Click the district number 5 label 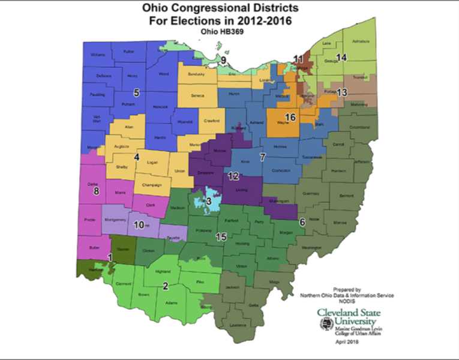136,92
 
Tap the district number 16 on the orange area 290,118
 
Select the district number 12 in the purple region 233,176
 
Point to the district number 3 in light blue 208,201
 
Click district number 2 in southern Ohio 165,285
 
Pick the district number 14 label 341,58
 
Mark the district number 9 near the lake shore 223,60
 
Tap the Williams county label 98,55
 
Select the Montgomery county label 115,220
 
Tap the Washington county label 311,247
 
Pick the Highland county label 163,271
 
